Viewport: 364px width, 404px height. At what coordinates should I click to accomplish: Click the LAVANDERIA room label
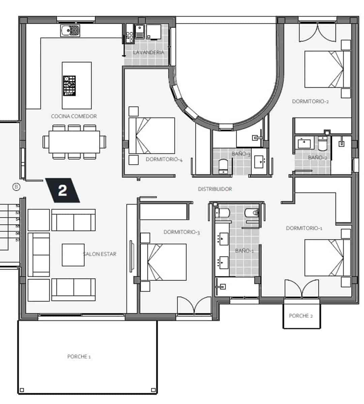(148, 53)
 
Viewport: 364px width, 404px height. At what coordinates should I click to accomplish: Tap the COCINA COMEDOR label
(74, 116)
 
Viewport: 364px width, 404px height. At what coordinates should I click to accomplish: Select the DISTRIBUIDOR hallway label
(215, 189)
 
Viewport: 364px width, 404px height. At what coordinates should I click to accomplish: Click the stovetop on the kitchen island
(69, 86)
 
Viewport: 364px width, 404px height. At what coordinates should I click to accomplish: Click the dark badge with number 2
(63, 190)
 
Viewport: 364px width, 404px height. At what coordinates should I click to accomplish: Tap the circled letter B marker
(16, 187)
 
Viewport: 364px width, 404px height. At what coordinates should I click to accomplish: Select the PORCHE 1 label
(79, 357)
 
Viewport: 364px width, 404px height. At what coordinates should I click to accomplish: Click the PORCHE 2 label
(301, 316)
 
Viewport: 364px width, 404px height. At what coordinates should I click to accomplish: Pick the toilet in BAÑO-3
(223, 166)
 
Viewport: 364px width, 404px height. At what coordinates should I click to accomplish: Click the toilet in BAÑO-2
(323, 144)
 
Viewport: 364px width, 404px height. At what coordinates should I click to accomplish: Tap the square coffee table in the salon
(73, 255)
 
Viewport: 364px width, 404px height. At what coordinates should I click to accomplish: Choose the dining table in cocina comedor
(74, 142)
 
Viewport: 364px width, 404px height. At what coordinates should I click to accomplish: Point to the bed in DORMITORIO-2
(327, 69)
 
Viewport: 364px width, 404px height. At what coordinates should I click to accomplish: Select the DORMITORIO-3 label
(182, 232)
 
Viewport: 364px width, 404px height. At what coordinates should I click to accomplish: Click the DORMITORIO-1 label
(304, 228)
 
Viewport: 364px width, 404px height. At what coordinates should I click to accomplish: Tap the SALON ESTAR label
(100, 254)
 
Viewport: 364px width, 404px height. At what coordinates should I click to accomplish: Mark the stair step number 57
(18, 240)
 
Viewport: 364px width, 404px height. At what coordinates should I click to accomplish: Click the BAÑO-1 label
(244, 251)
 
